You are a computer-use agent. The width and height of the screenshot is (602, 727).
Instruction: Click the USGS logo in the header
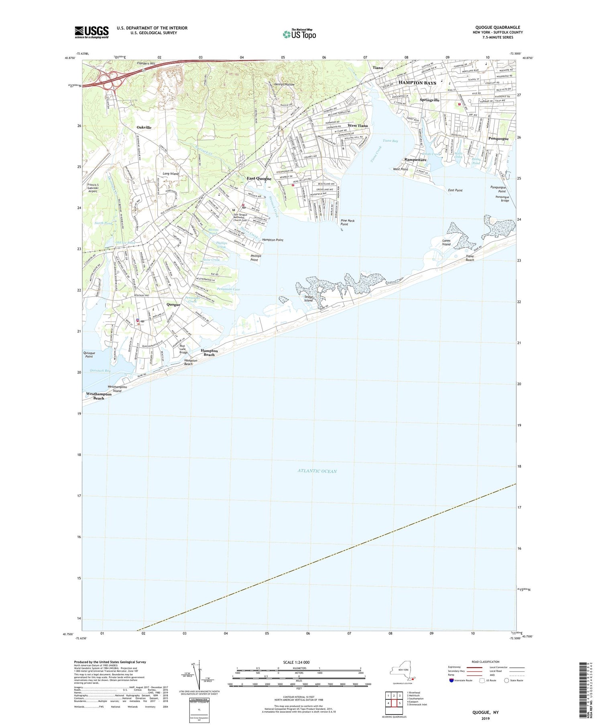tap(92, 32)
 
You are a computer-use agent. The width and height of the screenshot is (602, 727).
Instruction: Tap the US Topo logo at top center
tap(299, 34)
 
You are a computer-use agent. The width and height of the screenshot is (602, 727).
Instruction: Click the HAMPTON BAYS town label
tap(417, 83)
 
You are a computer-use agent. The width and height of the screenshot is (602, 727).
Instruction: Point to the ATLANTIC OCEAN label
tap(317, 471)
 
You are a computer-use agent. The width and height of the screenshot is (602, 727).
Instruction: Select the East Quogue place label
tap(259, 178)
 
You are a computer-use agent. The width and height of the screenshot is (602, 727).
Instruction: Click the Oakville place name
tap(144, 127)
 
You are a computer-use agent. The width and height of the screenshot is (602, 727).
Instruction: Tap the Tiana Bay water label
tap(390, 141)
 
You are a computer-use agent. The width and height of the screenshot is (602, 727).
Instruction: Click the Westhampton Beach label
tap(99, 396)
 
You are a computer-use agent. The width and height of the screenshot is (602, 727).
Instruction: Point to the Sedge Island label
tap(308, 298)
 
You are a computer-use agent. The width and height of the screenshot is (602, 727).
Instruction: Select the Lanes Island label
tap(446, 243)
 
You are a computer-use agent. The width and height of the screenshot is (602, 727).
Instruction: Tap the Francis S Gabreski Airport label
tap(92, 188)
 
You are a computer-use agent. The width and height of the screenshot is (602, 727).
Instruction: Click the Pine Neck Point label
tap(347, 223)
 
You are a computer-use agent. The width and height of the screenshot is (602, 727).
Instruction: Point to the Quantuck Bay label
tap(100, 371)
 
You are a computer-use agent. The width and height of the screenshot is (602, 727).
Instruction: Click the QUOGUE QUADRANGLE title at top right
tap(497, 28)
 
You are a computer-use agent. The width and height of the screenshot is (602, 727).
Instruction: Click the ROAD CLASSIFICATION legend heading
tap(486, 662)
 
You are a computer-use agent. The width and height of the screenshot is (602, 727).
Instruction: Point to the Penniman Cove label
tap(228, 289)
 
